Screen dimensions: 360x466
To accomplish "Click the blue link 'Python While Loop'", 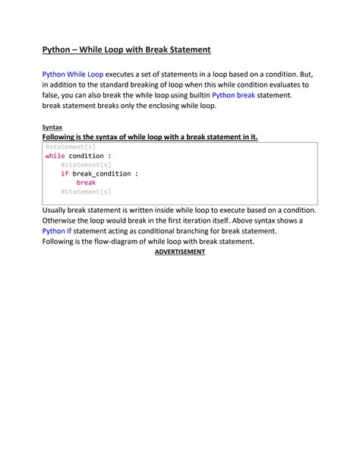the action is (x=72, y=74).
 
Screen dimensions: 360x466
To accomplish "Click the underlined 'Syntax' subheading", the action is (x=52, y=127).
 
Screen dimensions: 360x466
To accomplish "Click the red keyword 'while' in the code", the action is (x=55, y=155).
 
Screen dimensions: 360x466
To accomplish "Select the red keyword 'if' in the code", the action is (x=65, y=173).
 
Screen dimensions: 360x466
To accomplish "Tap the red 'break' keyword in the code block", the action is (x=86, y=182).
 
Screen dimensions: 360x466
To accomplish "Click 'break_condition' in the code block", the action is (x=103, y=173).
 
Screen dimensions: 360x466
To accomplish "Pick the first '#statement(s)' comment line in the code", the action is (x=71, y=146).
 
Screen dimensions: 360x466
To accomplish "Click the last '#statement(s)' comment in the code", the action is (x=86, y=192).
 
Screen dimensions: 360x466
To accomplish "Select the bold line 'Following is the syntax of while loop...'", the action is (x=150, y=137).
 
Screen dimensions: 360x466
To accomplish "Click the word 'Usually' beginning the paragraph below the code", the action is (x=58, y=209).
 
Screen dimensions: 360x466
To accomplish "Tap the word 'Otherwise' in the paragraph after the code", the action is (x=62, y=220).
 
